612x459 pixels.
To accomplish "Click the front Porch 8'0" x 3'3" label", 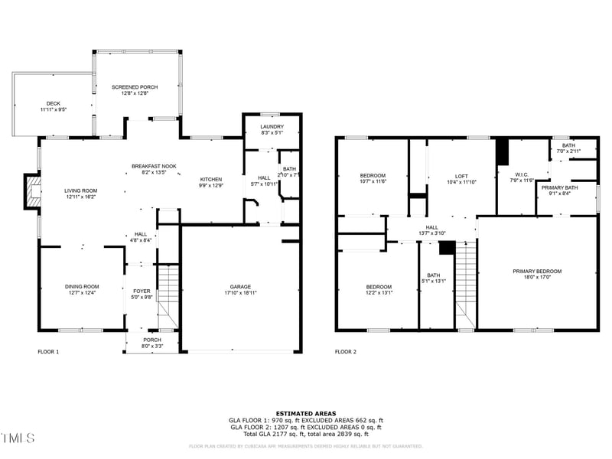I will point(151,343).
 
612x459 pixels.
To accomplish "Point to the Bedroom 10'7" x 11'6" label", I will point(373,177).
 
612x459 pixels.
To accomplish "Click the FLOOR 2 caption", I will point(346,352).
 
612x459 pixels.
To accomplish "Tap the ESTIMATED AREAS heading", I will point(306,413).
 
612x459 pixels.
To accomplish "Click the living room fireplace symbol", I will point(33,191).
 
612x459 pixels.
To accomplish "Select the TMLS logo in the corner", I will point(18,438).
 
